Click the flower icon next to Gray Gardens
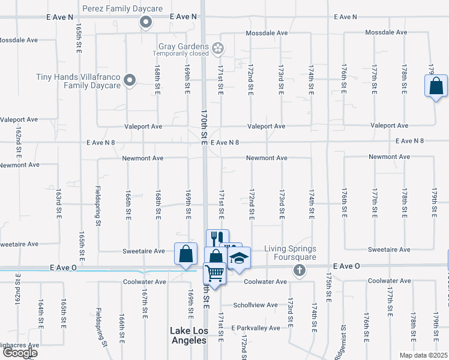pos(218,47)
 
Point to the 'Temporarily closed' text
pos(180,54)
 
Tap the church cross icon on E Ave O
pos(299,271)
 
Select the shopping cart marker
pos(215,274)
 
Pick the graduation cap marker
pos(239,258)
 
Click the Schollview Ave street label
pos(256,305)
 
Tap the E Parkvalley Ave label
pos(256,328)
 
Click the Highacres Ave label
pos(19,346)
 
